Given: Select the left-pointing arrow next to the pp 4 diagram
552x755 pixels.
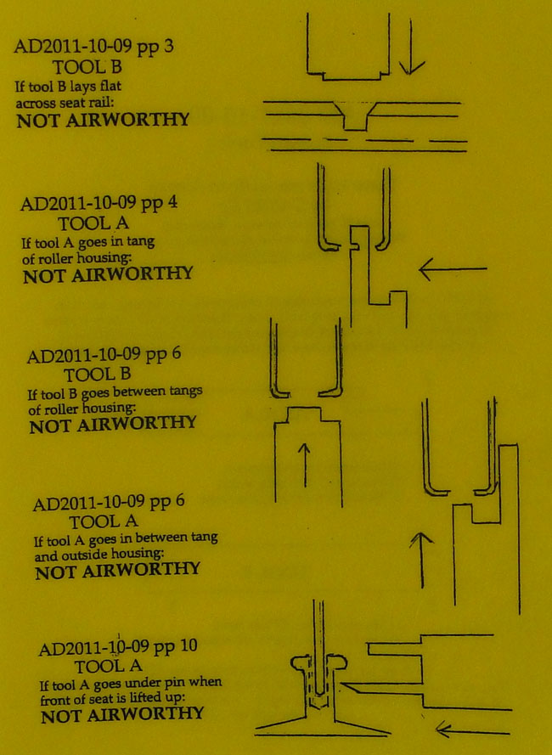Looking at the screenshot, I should click(x=453, y=270).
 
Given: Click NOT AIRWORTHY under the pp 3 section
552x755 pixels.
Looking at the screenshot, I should click(x=103, y=120).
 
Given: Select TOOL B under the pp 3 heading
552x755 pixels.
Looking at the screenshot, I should click(x=89, y=65).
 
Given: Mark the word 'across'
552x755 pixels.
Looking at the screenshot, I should click(x=37, y=103).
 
